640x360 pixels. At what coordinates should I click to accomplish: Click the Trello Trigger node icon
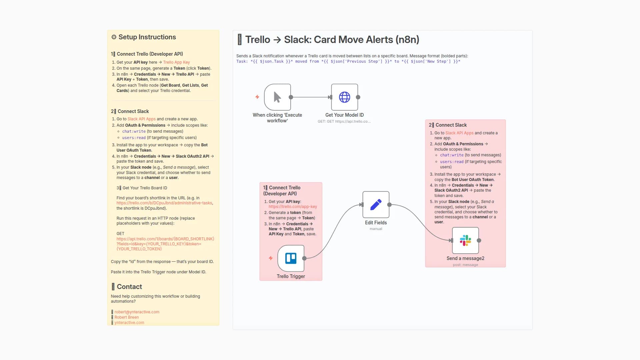click(291, 258)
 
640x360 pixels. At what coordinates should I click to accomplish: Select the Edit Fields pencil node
click(376, 205)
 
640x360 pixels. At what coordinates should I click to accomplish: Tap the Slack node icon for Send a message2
click(465, 240)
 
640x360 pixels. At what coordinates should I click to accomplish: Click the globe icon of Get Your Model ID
click(344, 97)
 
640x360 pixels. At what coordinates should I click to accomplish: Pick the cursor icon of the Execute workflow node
click(277, 97)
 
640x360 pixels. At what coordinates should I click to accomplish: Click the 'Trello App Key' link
click(176, 62)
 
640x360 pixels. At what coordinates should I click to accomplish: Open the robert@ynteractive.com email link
click(137, 312)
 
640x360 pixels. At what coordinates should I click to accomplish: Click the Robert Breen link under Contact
click(126, 317)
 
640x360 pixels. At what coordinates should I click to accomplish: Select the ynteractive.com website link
click(129, 323)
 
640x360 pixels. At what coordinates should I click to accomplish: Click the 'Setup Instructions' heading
click(147, 37)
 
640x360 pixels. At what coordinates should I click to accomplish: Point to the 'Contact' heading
click(129, 287)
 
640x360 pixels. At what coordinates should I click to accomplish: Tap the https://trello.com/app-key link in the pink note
click(293, 207)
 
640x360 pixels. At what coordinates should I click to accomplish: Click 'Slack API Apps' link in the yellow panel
click(141, 119)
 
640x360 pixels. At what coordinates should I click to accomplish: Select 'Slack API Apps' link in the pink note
click(459, 133)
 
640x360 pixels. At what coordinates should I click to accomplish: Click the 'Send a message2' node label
click(465, 258)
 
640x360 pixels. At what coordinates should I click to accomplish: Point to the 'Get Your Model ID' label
click(344, 115)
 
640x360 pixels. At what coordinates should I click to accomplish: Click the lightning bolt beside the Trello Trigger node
click(271, 258)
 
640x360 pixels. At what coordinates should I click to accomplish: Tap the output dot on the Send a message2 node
click(479, 240)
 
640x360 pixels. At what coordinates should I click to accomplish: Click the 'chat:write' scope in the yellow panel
click(134, 131)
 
